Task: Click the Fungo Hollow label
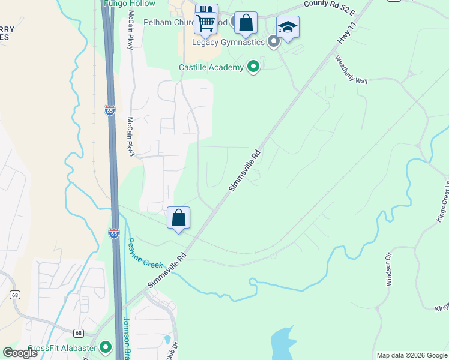(129, 4)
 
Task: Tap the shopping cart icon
(206, 23)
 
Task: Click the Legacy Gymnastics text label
(228, 42)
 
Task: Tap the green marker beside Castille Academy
(253, 67)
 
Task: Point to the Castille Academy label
(211, 67)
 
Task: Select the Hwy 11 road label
(344, 36)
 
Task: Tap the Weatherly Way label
(351, 70)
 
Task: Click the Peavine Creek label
(145, 254)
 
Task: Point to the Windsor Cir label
(389, 273)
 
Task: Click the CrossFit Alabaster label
(62, 348)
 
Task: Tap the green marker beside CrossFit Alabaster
(106, 347)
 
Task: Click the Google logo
(20, 352)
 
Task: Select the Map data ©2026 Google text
(411, 355)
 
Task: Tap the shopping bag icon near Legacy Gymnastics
(246, 23)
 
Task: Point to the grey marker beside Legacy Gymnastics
(274, 42)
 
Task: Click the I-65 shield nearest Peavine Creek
(114, 233)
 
